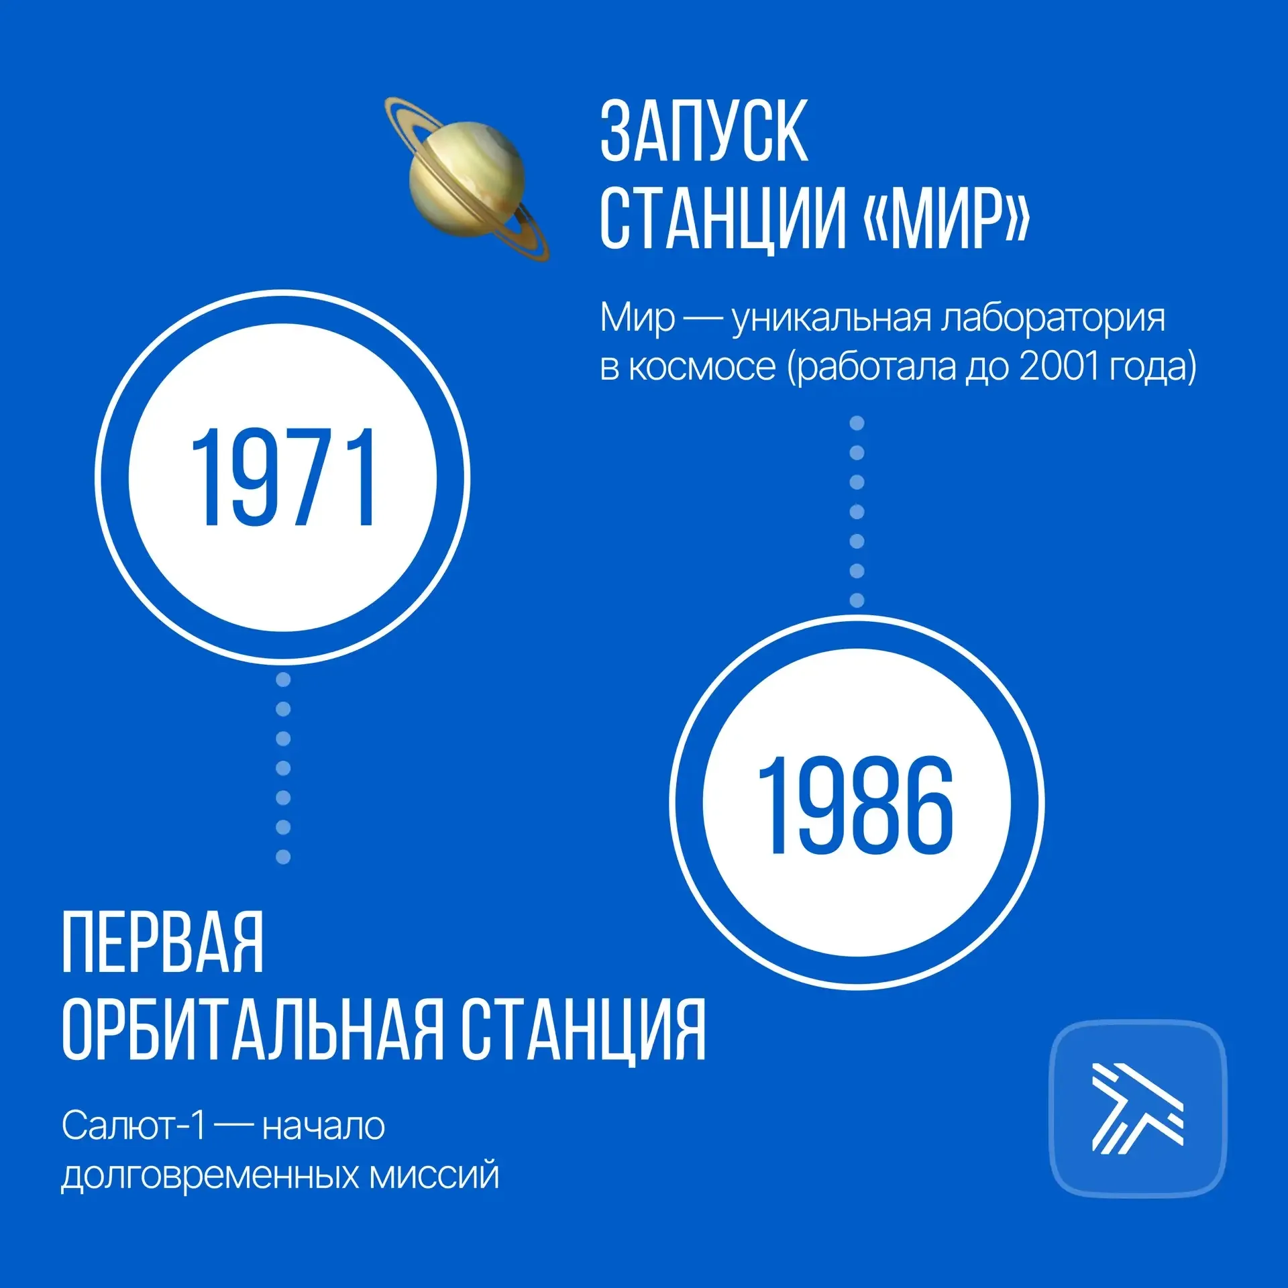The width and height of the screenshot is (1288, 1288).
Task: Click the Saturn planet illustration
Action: (467, 178)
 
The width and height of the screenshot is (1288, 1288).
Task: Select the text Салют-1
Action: (133, 1126)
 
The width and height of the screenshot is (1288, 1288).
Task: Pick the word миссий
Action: (434, 1175)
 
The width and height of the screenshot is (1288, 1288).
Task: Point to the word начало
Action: (323, 1126)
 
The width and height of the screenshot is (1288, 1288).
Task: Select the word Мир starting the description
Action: (637, 318)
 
